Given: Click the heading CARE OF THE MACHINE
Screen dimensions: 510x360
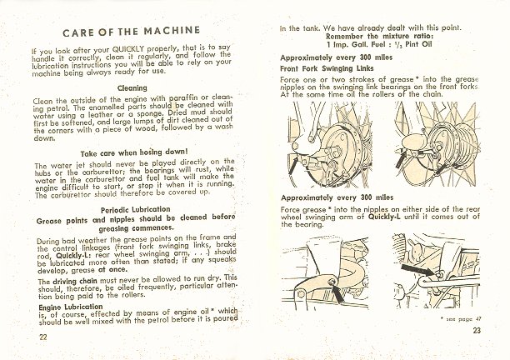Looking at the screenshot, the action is [x=132, y=32].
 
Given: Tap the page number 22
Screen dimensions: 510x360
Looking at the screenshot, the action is [x=43, y=337].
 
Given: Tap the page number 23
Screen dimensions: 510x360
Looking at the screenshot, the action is [x=477, y=331].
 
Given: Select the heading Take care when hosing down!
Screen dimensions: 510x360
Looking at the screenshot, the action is [x=134, y=152].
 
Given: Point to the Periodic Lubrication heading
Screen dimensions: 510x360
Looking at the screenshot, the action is [x=135, y=210].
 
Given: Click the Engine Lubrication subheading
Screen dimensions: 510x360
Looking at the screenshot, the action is [x=71, y=307].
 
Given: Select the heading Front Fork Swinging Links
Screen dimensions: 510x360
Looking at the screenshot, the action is [x=327, y=68].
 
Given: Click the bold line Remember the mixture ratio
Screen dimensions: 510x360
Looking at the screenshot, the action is [x=379, y=36].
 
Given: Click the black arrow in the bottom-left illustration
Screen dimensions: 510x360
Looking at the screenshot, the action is [x=337, y=292].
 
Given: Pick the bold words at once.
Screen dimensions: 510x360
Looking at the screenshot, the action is [x=112, y=270].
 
